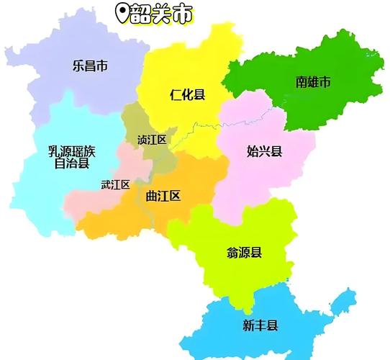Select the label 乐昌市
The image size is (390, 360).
coord(90,67)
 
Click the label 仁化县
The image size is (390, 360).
coord(187,94)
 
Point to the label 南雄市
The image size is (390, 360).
coord(313,83)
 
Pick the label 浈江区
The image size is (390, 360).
coord(151,140)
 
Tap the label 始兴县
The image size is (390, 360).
coord(264,151)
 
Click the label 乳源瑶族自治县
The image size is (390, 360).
coord(71,157)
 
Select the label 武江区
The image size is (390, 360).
coord(115,185)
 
